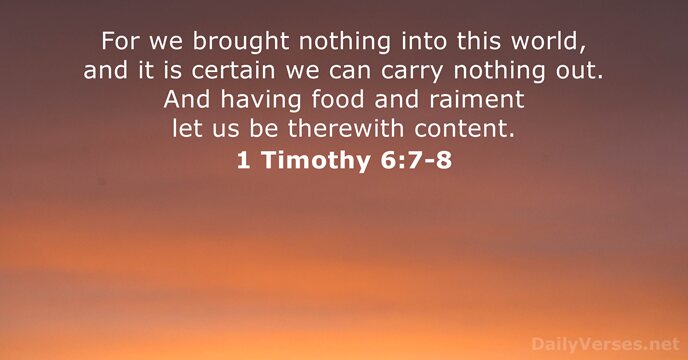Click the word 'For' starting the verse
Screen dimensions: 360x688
(x=121, y=44)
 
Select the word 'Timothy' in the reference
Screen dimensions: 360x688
(x=316, y=161)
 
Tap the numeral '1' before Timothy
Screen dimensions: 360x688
(x=245, y=159)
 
